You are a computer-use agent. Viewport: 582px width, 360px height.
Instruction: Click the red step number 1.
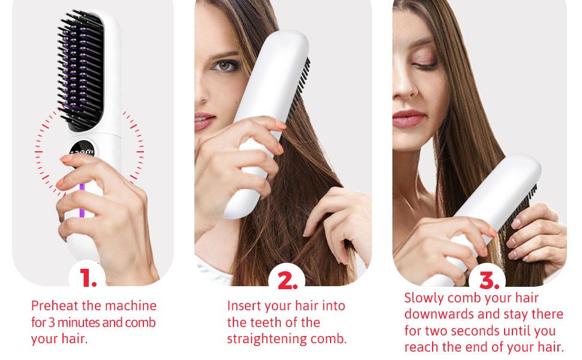point(88,278)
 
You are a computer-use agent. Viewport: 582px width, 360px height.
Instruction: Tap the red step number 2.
point(287,280)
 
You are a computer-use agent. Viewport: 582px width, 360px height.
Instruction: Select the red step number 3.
point(488,280)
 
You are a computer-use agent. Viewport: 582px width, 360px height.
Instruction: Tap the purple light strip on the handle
point(82,201)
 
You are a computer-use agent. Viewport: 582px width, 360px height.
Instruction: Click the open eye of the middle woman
point(223,65)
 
